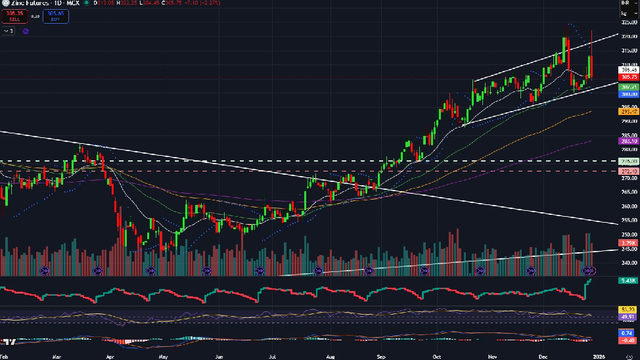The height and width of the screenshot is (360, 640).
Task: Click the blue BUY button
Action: click(x=55, y=15)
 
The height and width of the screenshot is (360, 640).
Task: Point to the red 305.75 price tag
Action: click(x=629, y=77)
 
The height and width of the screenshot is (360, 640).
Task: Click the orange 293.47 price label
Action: click(x=629, y=112)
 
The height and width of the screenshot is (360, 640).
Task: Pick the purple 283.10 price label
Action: click(x=629, y=141)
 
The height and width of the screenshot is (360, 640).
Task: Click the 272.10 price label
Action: click(x=629, y=171)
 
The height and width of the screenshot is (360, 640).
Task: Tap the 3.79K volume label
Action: click(x=629, y=244)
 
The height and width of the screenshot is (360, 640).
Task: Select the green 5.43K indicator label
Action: click(x=629, y=281)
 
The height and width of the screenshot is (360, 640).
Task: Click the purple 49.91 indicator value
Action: click(x=629, y=316)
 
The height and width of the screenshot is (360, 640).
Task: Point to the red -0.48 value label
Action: click(x=629, y=340)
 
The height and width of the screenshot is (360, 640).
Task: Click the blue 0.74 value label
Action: click(x=629, y=333)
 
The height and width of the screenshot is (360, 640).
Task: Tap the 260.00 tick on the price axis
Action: click(x=629, y=206)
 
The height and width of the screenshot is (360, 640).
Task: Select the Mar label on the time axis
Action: click(x=57, y=355)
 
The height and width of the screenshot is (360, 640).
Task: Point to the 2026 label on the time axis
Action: click(x=599, y=355)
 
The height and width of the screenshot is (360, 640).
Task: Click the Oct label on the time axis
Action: click(x=436, y=355)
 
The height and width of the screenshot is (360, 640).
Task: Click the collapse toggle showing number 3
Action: click(x=10, y=30)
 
